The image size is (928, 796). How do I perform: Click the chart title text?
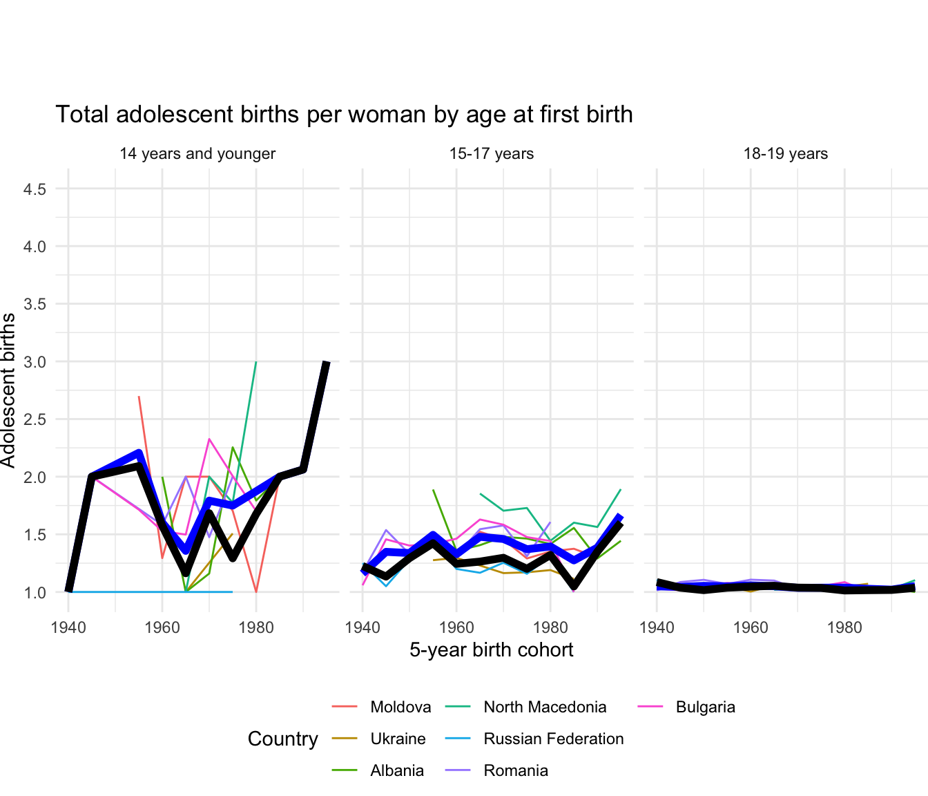(344, 115)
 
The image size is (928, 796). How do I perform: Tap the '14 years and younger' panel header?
(197, 154)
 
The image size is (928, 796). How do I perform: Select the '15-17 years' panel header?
(492, 154)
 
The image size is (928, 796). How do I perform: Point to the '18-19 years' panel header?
(786, 154)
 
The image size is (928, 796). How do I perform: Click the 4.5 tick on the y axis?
(35, 189)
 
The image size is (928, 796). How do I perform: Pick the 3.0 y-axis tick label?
(35, 362)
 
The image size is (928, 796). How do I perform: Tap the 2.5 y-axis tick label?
(35, 419)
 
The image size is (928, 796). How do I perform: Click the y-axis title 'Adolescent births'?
(8, 390)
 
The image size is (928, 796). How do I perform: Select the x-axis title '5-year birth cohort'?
(492, 650)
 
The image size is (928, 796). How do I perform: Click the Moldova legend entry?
(400, 708)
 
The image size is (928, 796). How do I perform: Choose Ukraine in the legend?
(398, 739)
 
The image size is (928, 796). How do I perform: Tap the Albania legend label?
(397, 771)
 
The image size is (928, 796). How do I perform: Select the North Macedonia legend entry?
(545, 708)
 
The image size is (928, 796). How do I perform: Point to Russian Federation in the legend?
(553, 739)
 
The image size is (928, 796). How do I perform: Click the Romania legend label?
(516, 771)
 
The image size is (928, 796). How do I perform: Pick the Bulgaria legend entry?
(705, 708)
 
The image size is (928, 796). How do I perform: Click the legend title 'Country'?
(283, 739)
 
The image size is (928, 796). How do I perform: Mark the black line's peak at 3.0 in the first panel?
(327, 363)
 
